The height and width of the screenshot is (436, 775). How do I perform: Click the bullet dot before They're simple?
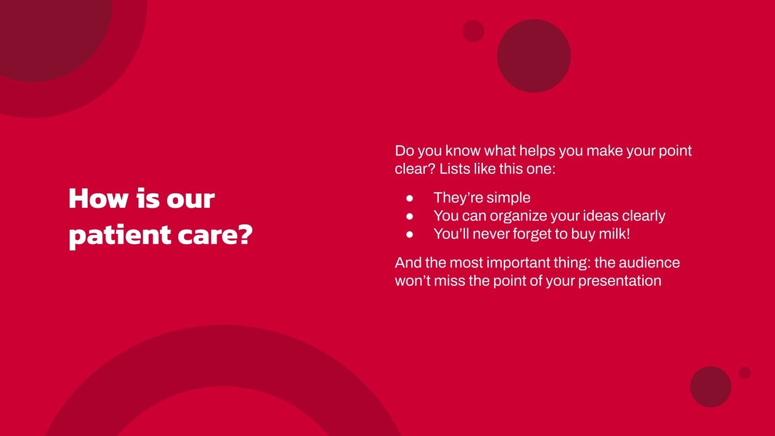coord(410,198)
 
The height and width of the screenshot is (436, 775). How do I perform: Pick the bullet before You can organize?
coord(410,216)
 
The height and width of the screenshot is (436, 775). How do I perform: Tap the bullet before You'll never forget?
coord(410,234)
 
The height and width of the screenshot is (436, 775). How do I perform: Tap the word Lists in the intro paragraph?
coord(453,169)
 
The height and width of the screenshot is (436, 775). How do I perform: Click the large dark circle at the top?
coord(534,56)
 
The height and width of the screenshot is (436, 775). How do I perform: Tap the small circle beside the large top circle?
coord(473,31)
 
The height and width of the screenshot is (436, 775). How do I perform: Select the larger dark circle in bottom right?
coord(711,387)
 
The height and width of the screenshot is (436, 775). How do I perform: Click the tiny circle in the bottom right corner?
coord(744,373)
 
